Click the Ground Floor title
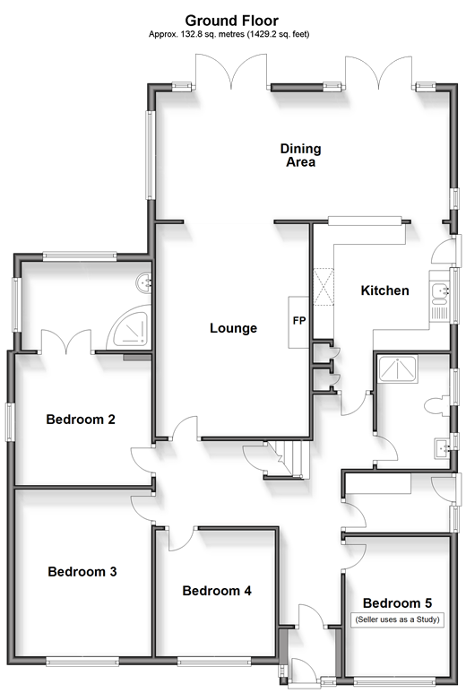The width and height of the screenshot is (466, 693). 231,21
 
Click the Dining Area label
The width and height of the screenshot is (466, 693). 300,155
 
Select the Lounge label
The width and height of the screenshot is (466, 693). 233,328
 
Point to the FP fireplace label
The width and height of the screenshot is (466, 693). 299,320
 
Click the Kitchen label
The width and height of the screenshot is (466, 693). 384,290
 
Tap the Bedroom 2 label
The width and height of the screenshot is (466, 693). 81,419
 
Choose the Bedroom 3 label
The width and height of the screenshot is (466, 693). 82,571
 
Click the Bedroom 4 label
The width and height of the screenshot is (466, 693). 217,591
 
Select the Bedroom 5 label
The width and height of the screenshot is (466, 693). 397,602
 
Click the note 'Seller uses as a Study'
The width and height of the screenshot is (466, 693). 398,619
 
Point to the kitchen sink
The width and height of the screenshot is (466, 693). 440,295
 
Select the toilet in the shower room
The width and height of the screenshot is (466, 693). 436,406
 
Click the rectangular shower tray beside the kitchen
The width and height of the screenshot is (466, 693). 397,368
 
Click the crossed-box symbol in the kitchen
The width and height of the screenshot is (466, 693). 324,287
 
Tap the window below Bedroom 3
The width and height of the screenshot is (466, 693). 82,662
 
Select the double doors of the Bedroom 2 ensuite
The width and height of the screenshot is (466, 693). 66,342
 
